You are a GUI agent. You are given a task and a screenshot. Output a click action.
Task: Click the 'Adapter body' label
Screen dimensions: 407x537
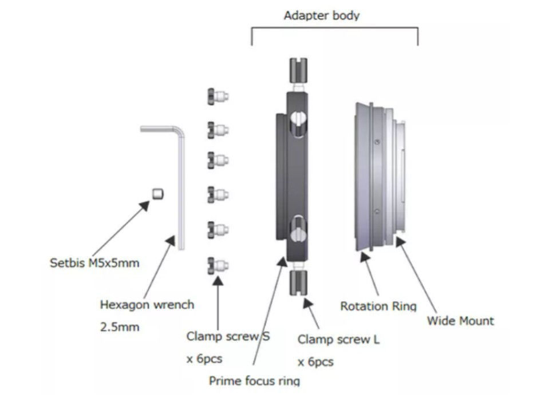point(322,15)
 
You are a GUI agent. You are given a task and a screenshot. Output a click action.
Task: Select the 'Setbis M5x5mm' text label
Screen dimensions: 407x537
point(94,264)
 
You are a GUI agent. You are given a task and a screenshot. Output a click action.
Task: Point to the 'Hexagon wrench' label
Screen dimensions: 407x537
point(147,305)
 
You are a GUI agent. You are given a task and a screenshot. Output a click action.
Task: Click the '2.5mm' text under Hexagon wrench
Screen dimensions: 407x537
point(119,328)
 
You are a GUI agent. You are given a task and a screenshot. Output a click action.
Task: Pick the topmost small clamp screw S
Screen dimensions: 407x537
point(218,97)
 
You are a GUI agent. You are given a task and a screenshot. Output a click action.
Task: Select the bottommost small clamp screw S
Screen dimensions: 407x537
point(218,265)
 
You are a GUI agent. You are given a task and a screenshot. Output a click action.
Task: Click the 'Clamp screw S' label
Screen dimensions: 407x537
point(228,336)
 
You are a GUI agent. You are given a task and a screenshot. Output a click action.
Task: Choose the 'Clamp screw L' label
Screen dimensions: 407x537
point(338,340)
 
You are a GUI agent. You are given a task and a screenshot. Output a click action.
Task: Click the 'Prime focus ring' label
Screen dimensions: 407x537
point(254,380)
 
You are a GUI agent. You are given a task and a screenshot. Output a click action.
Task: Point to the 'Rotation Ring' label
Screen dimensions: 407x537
point(378,306)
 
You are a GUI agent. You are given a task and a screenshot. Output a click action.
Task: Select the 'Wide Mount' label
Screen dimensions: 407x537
point(460,321)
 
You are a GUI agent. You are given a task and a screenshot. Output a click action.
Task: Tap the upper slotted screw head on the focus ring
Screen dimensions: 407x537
point(298,119)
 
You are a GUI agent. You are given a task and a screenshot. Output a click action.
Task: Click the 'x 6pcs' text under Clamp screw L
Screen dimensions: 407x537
point(315,362)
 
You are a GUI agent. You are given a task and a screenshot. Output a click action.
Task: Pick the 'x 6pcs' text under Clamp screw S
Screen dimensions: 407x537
point(204,359)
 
